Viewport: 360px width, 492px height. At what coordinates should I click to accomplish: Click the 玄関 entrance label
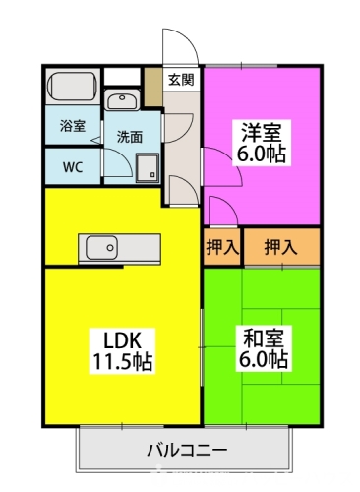(179, 80)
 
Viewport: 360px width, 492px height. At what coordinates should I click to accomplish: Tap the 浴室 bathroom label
(72, 127)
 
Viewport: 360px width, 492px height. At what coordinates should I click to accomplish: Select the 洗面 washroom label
(129, 137)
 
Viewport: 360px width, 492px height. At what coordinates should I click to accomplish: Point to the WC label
(72, 166)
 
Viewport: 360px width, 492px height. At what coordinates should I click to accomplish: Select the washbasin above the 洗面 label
(122, 100)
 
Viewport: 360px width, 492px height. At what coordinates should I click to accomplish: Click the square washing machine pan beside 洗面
(149, 167)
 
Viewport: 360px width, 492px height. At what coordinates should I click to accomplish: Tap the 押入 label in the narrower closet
(222, 247)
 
